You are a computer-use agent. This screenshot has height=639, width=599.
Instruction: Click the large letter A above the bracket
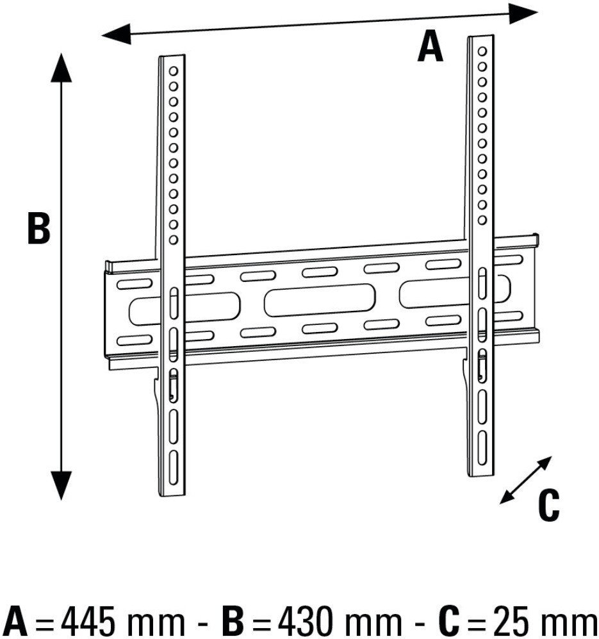click(x=431, y=47)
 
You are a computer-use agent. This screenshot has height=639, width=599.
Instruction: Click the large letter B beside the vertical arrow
click(x=38, y=228)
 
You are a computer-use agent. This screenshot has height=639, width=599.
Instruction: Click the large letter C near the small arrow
click(x=548, y=505)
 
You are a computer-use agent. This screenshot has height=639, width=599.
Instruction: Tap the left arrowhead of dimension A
click(x=116, y=34)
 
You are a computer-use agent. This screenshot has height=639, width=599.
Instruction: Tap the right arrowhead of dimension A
click(x=523, y=13)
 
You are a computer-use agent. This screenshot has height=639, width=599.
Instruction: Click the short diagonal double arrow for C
click(x=526, y=480)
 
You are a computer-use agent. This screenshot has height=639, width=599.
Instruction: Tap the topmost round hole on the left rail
click(x=174, y=71)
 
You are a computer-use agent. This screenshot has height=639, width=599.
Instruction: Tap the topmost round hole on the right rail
click(x=482, y=51)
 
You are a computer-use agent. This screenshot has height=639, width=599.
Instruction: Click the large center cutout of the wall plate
click(x=319, y=301)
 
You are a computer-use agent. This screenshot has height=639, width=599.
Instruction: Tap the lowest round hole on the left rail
click(x=174, y=240)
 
